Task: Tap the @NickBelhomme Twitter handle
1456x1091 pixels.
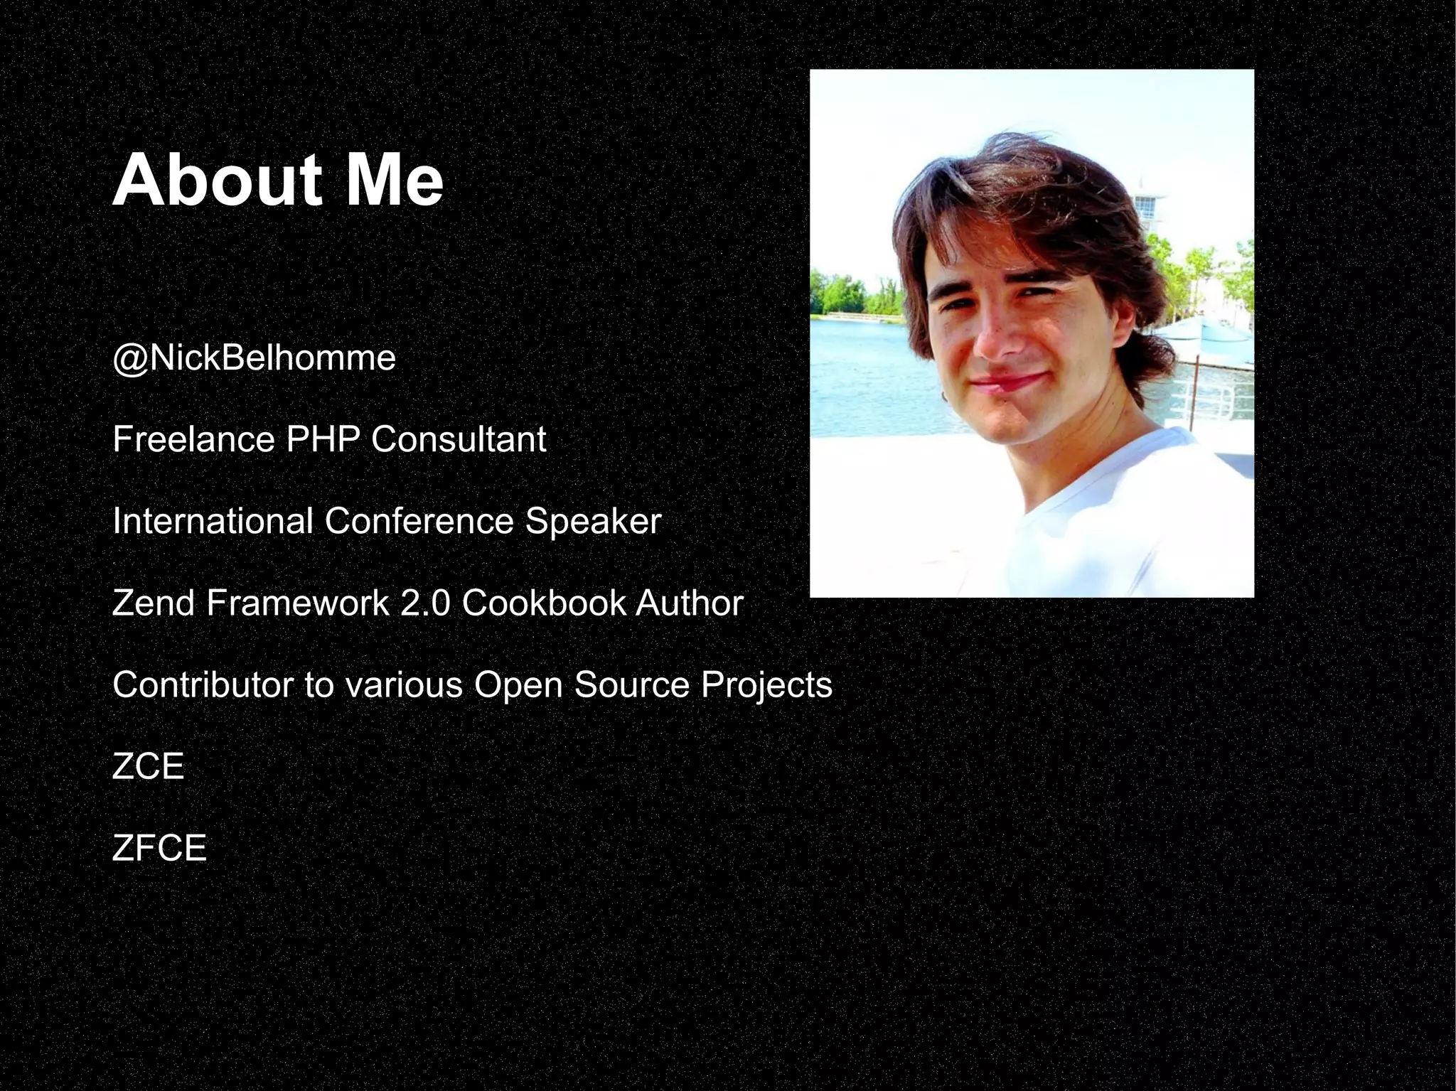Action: (x=254, y=358)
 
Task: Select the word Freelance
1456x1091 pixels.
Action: (x=193, y=439)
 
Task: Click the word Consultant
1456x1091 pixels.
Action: (x=459, y=439)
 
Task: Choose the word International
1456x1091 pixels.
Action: (x=213, y=521)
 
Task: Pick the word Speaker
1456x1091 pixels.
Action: (x=593, y=521)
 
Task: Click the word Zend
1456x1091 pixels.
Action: (x=154, y=603)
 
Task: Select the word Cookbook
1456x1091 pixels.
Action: (x=543, y=603)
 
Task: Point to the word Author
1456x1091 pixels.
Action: (x=689, y=603)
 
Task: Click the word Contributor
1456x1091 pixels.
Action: (x=203, y=684)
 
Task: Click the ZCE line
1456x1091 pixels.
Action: (x=148, y=766)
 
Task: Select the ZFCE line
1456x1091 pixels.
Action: (x=159, y=848)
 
